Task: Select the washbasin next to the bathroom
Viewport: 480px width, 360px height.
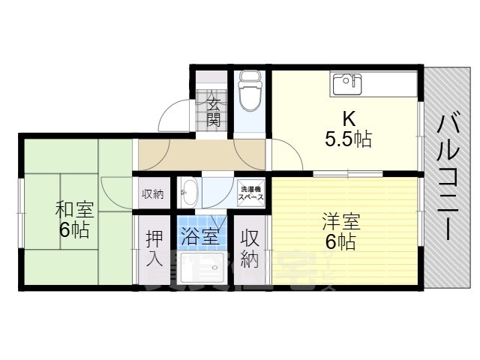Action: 189,191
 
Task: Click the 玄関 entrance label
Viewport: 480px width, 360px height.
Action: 214,109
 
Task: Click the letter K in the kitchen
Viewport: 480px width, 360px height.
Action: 349,118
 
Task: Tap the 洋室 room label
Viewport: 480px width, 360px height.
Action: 341,223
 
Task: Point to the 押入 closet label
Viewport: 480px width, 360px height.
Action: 153,250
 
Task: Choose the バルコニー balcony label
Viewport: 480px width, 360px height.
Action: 449,176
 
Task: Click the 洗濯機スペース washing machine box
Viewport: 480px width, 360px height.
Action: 250,192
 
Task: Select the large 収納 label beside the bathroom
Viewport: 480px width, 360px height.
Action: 250,250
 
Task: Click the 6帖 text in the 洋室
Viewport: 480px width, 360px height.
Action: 340,242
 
